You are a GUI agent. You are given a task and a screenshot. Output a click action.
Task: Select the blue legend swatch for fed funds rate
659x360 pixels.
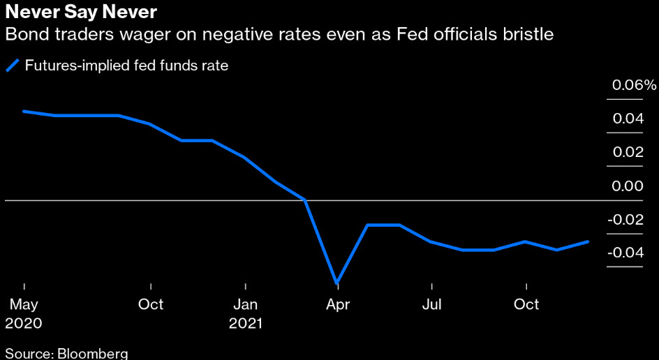[x=13, y=66]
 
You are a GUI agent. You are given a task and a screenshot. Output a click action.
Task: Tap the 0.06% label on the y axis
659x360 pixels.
[x=635, y=86]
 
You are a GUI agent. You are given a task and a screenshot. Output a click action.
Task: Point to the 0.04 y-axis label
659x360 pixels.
[x=628, y=119]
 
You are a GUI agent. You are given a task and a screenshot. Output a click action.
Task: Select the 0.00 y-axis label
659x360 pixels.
[x=628, y=186]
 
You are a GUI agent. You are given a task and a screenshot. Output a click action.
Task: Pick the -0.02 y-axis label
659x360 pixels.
[x=625, y=220]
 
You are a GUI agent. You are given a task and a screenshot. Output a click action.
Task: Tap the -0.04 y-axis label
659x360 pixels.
[x=625, y=253]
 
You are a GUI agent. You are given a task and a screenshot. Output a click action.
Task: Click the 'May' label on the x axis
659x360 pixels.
[x=24, y=305]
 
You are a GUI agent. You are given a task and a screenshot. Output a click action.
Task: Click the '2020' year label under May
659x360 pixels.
[x=24, y=324]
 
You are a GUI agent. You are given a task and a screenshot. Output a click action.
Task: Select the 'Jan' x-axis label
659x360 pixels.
[x=246, y=305]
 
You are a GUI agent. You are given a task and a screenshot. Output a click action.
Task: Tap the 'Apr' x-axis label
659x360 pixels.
[x=338, y=305]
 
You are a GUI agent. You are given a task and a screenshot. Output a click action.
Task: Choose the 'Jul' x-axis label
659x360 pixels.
[x=432, y=305]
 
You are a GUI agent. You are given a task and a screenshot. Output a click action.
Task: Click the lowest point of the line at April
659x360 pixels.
[x=337, y=283]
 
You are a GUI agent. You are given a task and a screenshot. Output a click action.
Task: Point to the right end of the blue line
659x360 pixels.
[x=588, y=241]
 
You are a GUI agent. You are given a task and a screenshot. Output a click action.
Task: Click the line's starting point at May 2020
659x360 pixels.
[x=24, y=111]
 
